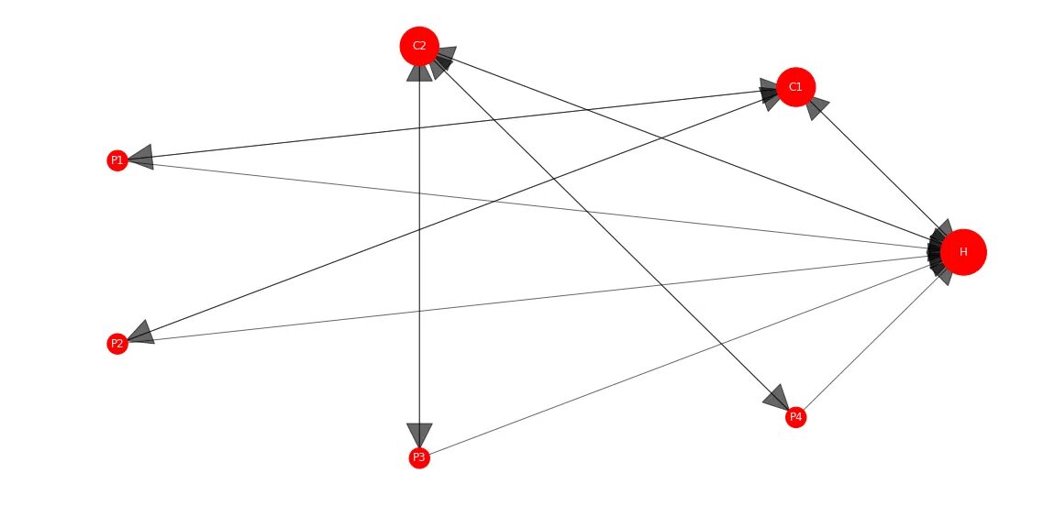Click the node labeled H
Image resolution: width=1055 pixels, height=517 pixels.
[963, 252]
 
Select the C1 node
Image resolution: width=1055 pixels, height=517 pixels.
[795, 87]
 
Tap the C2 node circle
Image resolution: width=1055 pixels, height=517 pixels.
[419, 46]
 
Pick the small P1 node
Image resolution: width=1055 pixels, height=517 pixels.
[117, 160]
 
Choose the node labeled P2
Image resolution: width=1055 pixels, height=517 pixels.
[117, 344]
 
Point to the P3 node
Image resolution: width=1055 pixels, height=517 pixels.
[419, 456]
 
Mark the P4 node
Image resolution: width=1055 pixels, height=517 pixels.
[795, 417]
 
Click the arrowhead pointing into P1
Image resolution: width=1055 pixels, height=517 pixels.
[139, 158]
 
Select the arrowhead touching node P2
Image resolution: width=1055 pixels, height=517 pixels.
[139, 334]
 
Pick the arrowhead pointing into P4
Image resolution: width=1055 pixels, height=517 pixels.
[777, 398]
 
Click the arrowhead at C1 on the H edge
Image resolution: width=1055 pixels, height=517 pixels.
[816, 107]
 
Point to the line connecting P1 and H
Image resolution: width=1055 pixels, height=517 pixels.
[532, 206]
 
